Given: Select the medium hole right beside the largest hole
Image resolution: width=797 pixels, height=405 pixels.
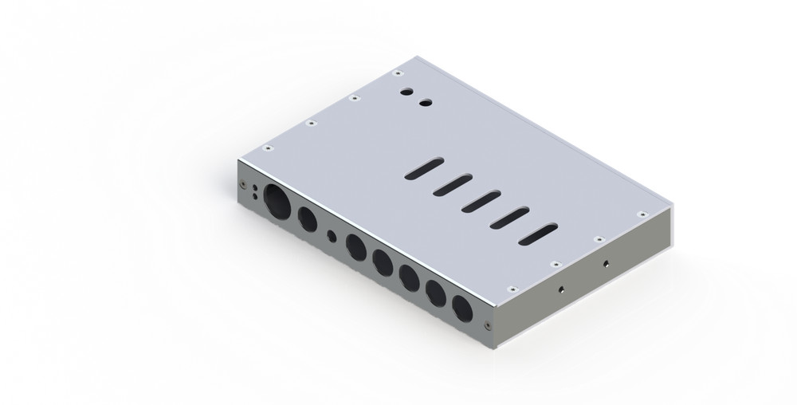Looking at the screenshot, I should tap(306, 218).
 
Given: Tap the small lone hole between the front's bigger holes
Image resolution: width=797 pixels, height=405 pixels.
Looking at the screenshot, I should tap(332, 237).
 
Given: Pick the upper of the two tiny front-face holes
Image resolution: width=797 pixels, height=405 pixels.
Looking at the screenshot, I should tap(253, 187).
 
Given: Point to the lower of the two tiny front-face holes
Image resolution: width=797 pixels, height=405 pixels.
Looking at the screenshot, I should tap(254, 196).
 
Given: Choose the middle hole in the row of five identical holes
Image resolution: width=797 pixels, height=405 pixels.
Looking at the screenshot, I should tap(410, 278).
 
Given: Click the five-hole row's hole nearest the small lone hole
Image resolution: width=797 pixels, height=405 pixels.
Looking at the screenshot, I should tap(355, 247).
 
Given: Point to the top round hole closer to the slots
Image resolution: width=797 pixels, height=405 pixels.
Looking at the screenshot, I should tap(425, 102).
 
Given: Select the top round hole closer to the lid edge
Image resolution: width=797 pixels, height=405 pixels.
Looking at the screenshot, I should tap(406, 92).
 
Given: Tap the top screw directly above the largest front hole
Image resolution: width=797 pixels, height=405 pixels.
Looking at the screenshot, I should tap(269, 147).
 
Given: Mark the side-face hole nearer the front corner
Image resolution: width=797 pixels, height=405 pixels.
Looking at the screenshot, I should tap(563, 289).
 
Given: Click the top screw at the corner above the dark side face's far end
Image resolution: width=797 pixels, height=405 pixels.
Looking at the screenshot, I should tap(639, 214).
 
